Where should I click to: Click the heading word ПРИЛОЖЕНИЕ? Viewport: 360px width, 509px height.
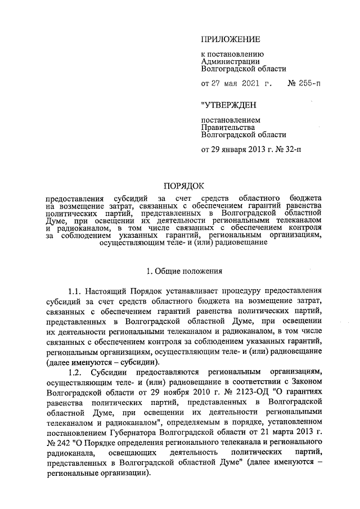(x=231, y=39)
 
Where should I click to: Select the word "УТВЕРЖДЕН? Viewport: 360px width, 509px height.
(x=229, y=105)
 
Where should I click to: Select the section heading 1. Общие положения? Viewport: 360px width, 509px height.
(x=184, y=272)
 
